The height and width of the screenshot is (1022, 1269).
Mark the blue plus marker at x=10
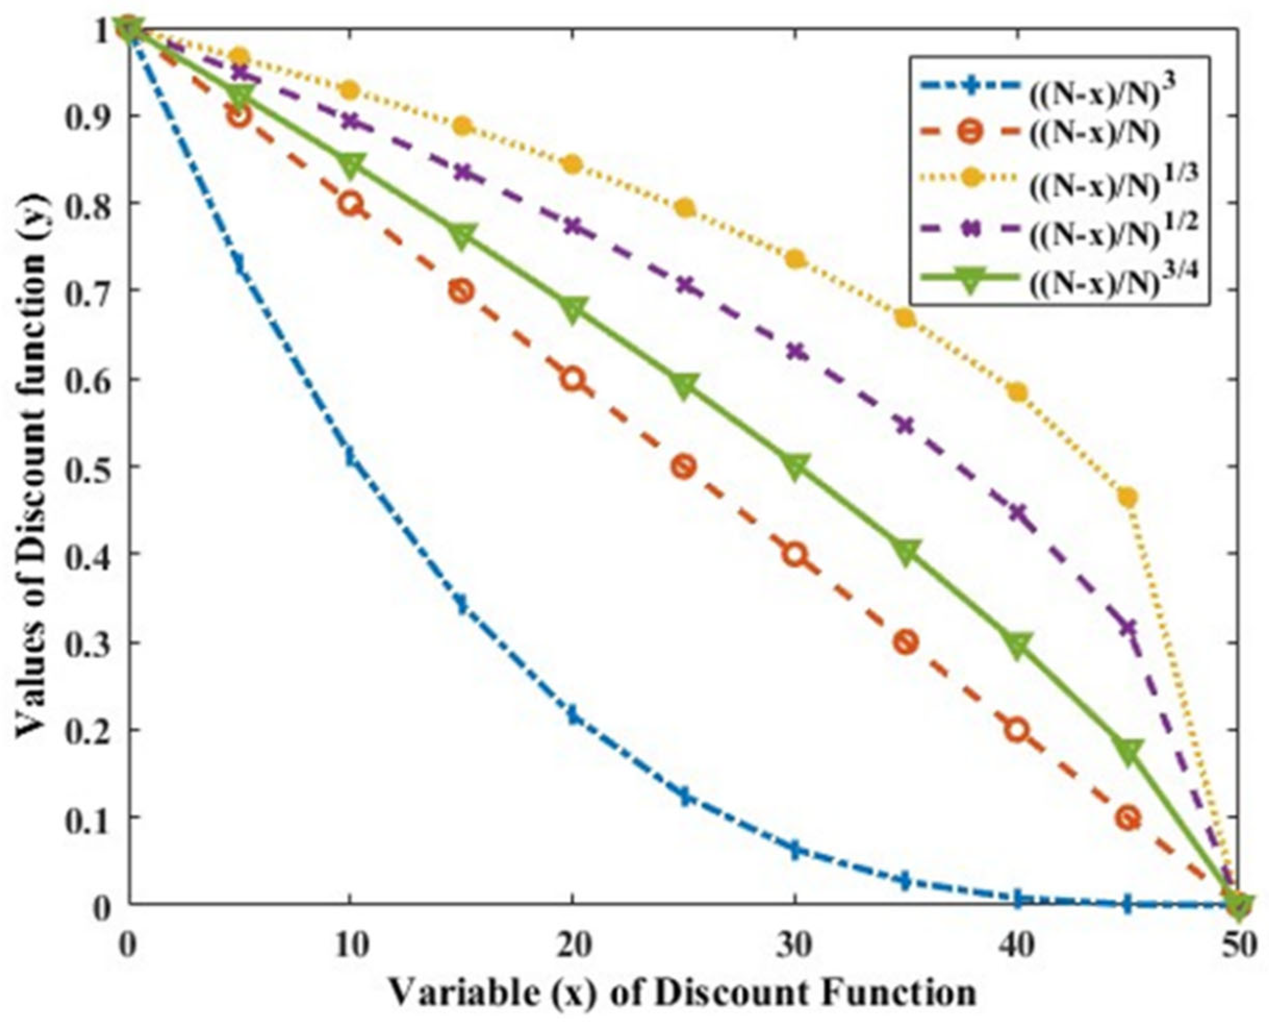point(351,456)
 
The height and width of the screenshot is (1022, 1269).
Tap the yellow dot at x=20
point(572,165)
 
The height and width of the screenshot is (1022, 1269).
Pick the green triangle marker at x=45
point(1126,752)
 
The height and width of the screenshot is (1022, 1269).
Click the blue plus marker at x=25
point(683,798)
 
